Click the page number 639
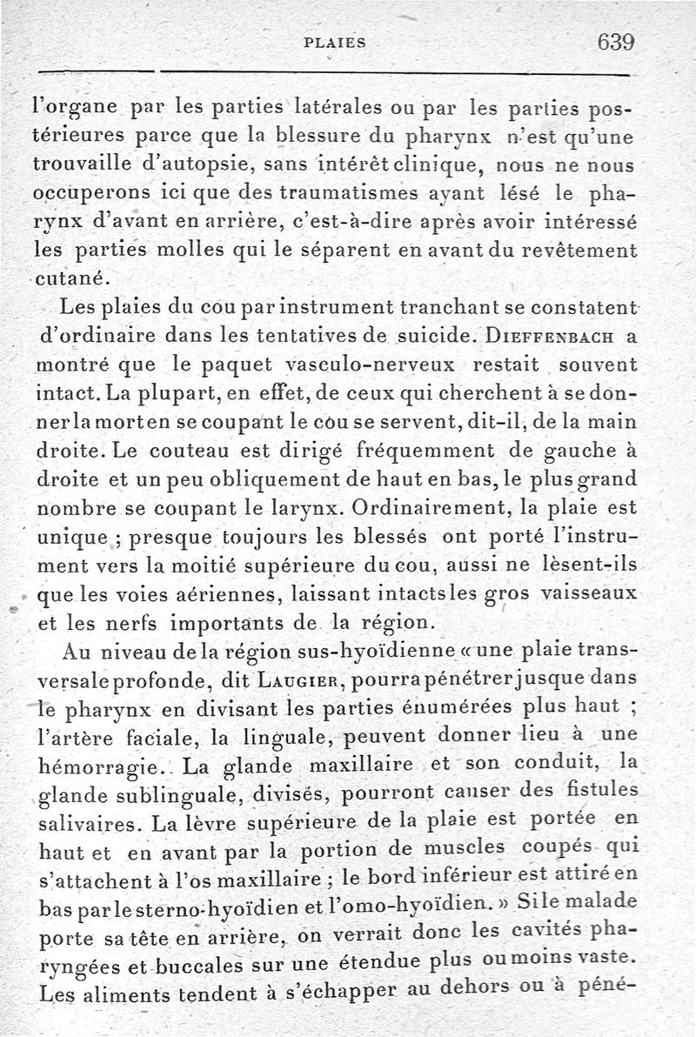(x=614, y=41)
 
